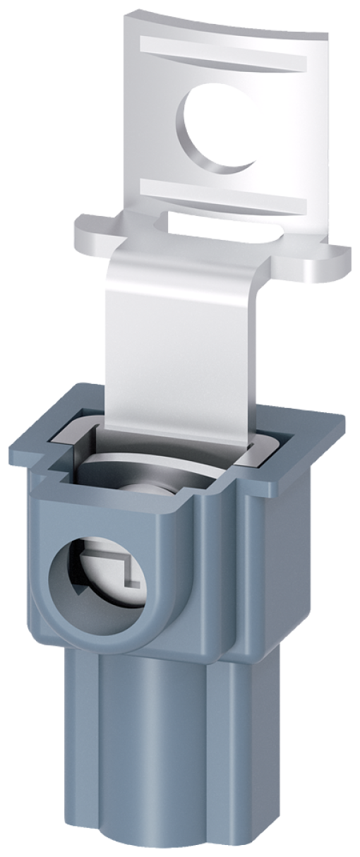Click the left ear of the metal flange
[95, 234]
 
